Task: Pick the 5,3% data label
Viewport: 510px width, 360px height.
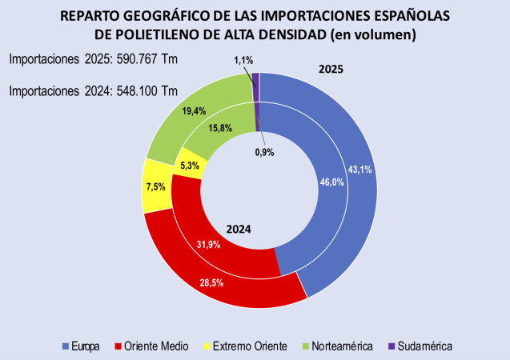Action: (x=190, y=166)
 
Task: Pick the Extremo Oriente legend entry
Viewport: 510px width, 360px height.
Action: (x=243, y=346)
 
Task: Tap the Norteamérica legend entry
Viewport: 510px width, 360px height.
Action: (x=336, y=346)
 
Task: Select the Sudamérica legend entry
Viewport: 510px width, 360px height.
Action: (x=422, y=346)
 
